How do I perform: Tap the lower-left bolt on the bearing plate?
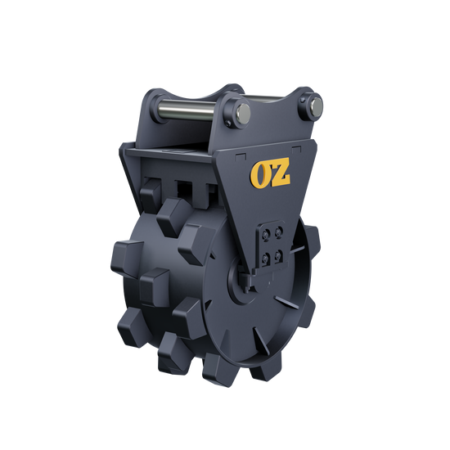[266, 255]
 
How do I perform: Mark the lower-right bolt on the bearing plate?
[281, 252]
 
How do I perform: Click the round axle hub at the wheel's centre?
[248, 283]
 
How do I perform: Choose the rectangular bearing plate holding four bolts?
[272, 244]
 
